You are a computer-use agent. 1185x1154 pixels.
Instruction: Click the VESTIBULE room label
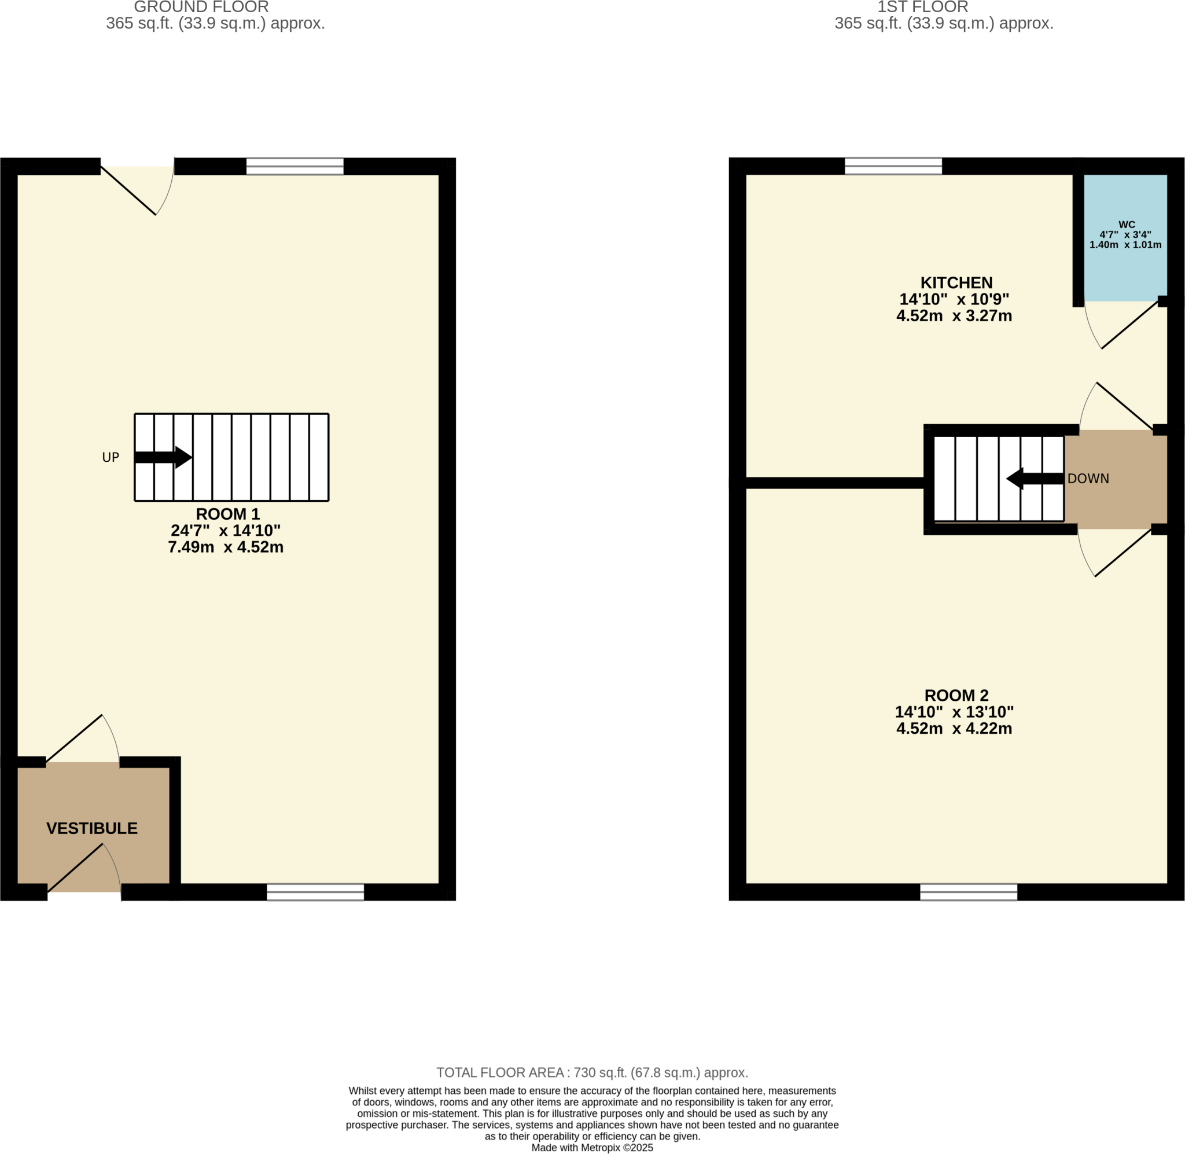(x=92, y=828)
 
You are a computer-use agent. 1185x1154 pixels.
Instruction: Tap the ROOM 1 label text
(x=227, y=514)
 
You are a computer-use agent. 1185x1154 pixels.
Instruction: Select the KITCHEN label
(x=956, y=282)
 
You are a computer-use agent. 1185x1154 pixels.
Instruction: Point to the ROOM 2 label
(x=956, y=695)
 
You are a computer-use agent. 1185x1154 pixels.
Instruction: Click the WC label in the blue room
(x=1126, y=224)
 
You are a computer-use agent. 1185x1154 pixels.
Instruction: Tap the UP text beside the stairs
(x=111, y=458)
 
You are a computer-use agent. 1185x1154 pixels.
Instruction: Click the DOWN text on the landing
(x=1088, y=479)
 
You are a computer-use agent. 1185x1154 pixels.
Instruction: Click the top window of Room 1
(x=295, y=166)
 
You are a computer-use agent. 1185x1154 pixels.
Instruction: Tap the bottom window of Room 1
(x=315, y=892)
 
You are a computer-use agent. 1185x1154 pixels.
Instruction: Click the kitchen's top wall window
(x=893, y=166)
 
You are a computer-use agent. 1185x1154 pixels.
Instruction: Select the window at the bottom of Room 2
(x=968, y=892)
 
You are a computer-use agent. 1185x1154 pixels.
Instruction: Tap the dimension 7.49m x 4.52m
(x=225, y=547)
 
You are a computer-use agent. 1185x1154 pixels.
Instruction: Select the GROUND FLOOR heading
(x=201, y=8)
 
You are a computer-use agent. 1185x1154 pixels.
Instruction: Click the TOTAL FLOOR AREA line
(x=592, y=1073)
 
